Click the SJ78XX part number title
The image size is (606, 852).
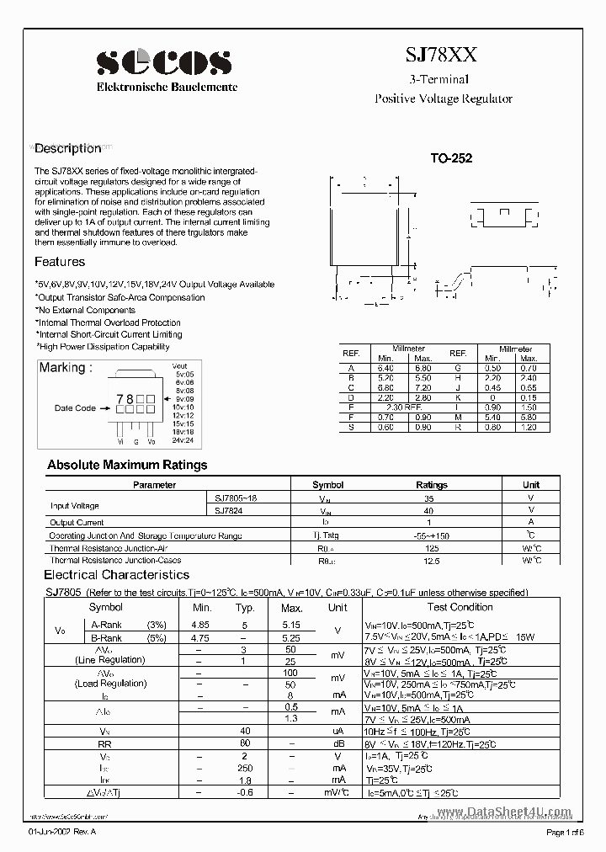pyautogui.click(x=442, y=56)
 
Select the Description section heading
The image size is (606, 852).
pyautogui.click(x=67, y=148)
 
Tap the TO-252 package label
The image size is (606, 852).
pyautogui.click(x=451, y=158)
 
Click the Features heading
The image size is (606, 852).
pyautogui.click(x=60, y=262)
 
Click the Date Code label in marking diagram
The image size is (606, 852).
pyautogui.click(x=75, y=407)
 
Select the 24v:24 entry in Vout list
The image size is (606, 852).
pyautogui.click(x=183, y=440)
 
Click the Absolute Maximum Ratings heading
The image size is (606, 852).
pyautogui.click(x=127, y=465)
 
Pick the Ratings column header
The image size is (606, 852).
pyautogui.click(x=432, y=485)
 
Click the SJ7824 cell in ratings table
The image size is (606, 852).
pyautogui.click(x=230, y=510)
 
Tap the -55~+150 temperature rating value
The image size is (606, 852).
pyautogui.click(x=432, y=535)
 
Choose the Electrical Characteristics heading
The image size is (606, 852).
pyautogui.click(x=116, y=575)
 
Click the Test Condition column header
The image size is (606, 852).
pyautogui.click(x=460, y=607)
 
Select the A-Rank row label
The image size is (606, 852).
pyautogui.click(x=106, y=625)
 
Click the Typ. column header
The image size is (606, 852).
pyautogui.click(x=245, y=607)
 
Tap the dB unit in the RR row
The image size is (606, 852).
pyautogui.click(x=337, y=743)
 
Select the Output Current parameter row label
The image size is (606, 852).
pyautogui.click(x=78, y=523)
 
